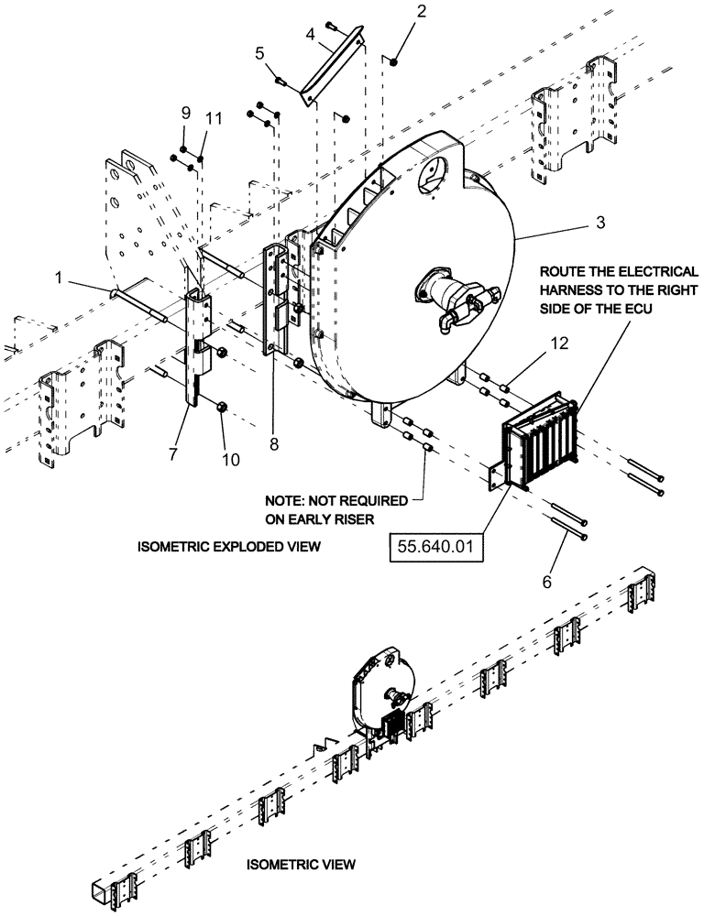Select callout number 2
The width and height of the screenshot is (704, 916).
(396, 12)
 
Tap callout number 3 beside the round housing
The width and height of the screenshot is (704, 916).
(549, 223)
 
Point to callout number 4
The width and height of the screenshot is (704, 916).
(311, 36)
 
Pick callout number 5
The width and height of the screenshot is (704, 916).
(259, 53)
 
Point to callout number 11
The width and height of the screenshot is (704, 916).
(213, 118)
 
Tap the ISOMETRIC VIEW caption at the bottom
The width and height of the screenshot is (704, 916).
(301, 864)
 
